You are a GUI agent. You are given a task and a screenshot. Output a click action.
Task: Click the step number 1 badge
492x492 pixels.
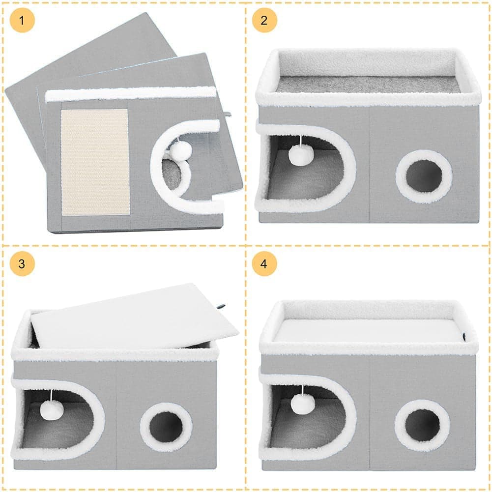[x=22, y=20]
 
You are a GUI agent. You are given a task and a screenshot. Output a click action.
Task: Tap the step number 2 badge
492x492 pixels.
[x=264, y=20]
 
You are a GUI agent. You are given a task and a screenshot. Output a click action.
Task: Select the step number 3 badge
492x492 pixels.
[x=22, y=263]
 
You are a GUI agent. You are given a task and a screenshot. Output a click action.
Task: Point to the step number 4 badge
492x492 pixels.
[x=264, y=263]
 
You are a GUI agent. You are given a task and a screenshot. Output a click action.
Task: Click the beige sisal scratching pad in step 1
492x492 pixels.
[x=95, y=162]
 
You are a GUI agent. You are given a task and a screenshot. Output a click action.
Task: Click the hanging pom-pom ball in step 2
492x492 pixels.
[x=300, y=154]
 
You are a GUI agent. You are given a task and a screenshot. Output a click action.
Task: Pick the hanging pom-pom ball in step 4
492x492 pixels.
[x=301, y=404]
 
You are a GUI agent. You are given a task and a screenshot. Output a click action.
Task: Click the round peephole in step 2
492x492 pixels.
[x=424, y=176]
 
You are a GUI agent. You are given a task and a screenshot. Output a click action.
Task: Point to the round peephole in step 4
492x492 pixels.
[x=422, y=426]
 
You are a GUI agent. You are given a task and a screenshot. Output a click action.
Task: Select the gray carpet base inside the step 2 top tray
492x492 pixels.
[x=368, y=84]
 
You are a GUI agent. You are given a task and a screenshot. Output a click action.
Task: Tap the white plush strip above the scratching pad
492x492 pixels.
[x=131, y=94]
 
